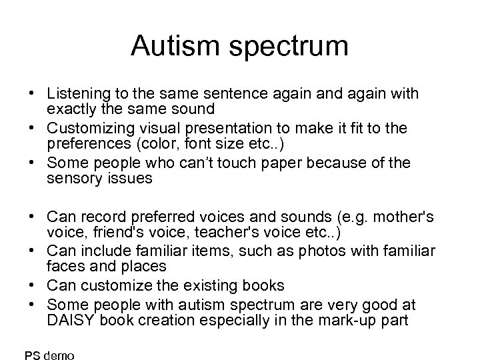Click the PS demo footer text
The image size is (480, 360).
[x=49, y=355]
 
